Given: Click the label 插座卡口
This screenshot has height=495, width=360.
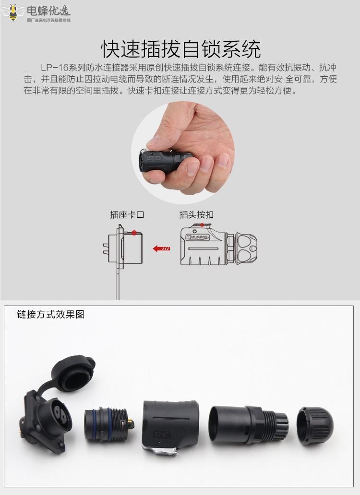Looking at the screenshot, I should [x=127, y=215].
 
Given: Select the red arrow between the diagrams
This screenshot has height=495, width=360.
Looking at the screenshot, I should [x=161, y=248].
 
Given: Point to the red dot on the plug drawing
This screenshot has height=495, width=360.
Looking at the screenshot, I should [x=203, y=224].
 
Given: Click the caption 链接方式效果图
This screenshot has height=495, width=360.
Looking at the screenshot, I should [x=50, y=315].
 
